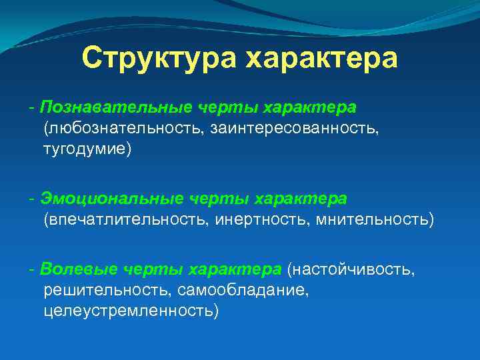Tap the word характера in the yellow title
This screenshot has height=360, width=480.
322,59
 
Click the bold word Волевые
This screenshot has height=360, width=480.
71,269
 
